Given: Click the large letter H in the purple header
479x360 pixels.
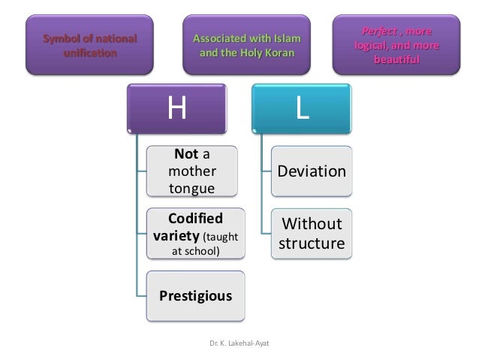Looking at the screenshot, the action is click(177, 110).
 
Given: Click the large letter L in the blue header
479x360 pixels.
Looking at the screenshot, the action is click(302, 110).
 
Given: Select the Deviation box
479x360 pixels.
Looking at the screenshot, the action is click(312, 172).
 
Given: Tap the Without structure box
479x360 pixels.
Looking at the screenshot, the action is click(312, 234).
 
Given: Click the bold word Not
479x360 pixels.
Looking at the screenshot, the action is click(185, 155).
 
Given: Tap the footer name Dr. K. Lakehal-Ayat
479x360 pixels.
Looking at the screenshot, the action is click(239, 343).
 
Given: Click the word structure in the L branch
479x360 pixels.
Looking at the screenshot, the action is click(312, 245).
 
